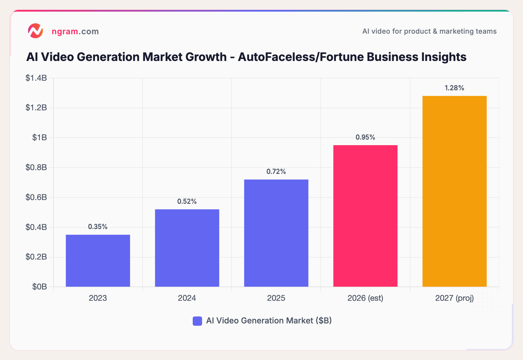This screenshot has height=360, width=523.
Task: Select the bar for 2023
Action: click(x=98, y=260)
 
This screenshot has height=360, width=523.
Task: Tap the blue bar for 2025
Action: click(x=276, y=233)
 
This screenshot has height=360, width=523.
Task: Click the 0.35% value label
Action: click(x=98, y=227)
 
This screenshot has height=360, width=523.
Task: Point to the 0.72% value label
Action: click(x=276, y=172)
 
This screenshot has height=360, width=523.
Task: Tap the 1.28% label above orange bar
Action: click(x=454, y=88)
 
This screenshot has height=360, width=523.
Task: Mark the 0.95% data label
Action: click(x=365, y=137)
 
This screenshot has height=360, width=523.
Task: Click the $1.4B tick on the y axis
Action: click(x=36, y=78)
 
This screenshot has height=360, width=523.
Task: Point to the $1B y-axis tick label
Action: click(x=40, y=138)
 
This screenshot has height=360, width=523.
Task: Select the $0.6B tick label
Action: click(x=36, y=197)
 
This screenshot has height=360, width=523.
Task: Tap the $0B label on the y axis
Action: click(x=40, y=287)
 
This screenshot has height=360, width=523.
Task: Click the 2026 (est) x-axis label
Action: click(x=365, y=298)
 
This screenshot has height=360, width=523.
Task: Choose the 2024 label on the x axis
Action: click(x=187, y=298)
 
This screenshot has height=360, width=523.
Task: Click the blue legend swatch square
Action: click(x=197, y=321)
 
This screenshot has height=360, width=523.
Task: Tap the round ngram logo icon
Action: click(x=35, y=31)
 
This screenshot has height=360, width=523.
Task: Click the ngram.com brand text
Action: click(x=75, y=31)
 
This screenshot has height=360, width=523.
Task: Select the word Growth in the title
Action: click(x=206, y=57)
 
